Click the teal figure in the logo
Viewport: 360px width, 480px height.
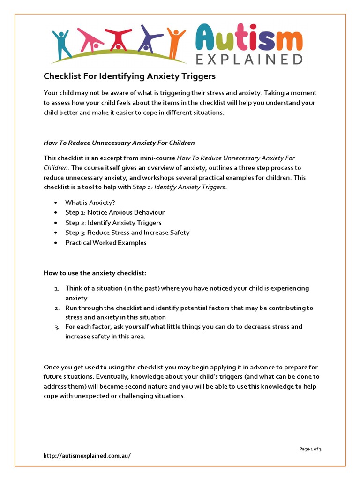(61, 45)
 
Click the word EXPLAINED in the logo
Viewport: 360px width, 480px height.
(249, 59)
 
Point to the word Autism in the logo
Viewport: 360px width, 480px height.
(249, 37)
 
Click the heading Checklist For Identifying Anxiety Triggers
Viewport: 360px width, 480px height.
(130, 76)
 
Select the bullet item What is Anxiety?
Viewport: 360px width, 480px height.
(90, 203)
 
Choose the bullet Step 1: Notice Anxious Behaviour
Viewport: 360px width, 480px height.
(115, 213)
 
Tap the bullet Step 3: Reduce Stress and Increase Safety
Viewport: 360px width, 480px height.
(127, 232)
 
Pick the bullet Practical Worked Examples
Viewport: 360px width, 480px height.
(105, 243)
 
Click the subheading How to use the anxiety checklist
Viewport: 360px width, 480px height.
(95, 273)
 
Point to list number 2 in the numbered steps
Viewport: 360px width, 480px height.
(56, 308)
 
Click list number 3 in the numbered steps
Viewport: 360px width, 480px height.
(56, 327)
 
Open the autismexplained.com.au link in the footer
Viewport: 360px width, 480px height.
(87, 456)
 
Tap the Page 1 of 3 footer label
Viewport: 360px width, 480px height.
(310, 449)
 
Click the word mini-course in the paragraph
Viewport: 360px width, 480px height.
(159, 158)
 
